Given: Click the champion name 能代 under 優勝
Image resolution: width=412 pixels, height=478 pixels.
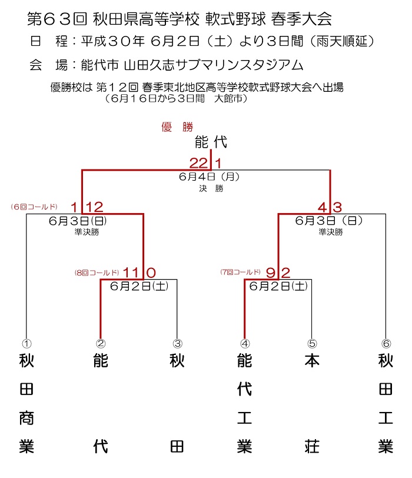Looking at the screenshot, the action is tap(211, 142).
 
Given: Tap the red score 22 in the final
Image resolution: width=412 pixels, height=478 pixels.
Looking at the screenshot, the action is tap(198, 164).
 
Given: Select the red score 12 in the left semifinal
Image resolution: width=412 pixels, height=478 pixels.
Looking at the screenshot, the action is tap(95, 207).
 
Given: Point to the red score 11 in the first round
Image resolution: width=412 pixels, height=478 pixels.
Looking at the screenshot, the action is tap(131, 273).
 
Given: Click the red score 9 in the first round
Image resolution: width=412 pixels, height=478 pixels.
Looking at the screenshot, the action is tap(270, 273).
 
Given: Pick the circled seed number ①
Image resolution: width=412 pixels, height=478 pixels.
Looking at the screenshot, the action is tap(26, 344).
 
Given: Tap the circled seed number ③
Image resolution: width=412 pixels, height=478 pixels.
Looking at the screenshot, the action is tap(177, 344).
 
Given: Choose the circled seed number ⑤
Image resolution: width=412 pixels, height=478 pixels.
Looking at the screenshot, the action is tap(312, 344).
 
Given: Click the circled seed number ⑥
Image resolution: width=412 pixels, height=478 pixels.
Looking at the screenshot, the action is tap(386, 344).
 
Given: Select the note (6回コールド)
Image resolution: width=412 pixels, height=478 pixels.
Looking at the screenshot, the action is tap(34, 207).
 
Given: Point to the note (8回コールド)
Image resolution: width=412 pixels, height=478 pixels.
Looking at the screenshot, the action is tap(97, 273).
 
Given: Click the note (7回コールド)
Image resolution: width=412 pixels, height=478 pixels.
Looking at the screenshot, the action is tap(241, 272).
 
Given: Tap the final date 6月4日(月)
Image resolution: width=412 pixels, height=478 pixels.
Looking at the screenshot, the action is tap(210, 177).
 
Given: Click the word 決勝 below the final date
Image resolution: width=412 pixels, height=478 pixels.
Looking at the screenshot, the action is tap(211, 188).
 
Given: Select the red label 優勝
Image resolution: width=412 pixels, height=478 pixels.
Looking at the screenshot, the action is tap(177, 127).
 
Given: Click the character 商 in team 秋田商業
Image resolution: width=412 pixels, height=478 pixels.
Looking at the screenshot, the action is tap(26, 418).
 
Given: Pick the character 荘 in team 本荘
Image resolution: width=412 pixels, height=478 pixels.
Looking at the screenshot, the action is tap(312, 447).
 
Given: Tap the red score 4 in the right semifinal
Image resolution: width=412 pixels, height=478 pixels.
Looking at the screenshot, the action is tap(322, 208).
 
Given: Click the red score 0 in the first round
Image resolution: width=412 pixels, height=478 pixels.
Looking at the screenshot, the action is tap(151, 273).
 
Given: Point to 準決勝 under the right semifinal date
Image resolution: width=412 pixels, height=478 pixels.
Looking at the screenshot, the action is tap(331, 233).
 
